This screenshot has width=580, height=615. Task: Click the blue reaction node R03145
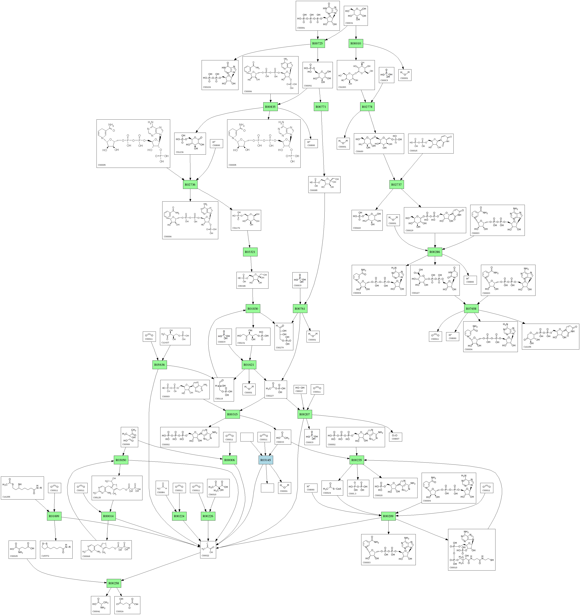tap(265, 460)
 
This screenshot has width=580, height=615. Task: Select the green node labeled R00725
tap(317, 43)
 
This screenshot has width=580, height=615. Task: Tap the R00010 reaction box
tap(356, 43)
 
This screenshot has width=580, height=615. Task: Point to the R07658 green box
tap(471, 308)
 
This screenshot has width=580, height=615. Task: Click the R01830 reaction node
tap(253, 308)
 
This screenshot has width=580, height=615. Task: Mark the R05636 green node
tap(159, 365)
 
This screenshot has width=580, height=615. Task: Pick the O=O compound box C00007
tap(395, 437)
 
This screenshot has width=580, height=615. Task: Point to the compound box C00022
tap(208, 550)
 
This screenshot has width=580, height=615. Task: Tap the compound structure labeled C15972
tap(56, 550)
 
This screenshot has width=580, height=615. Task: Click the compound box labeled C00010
tap(471, 549)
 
